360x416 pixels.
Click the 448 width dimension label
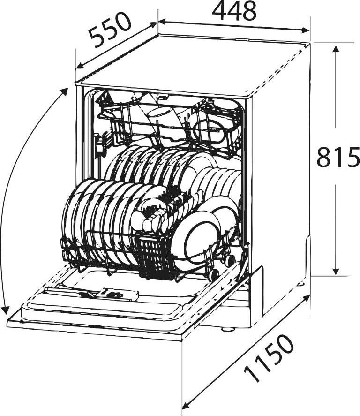234,11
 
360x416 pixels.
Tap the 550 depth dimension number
110,30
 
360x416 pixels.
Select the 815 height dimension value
338,157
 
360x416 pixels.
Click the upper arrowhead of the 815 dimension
336,50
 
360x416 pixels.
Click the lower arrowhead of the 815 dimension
336,271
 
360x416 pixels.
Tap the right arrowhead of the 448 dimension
306,30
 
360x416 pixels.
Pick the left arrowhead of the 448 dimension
162,22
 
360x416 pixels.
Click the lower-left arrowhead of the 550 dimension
80,65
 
